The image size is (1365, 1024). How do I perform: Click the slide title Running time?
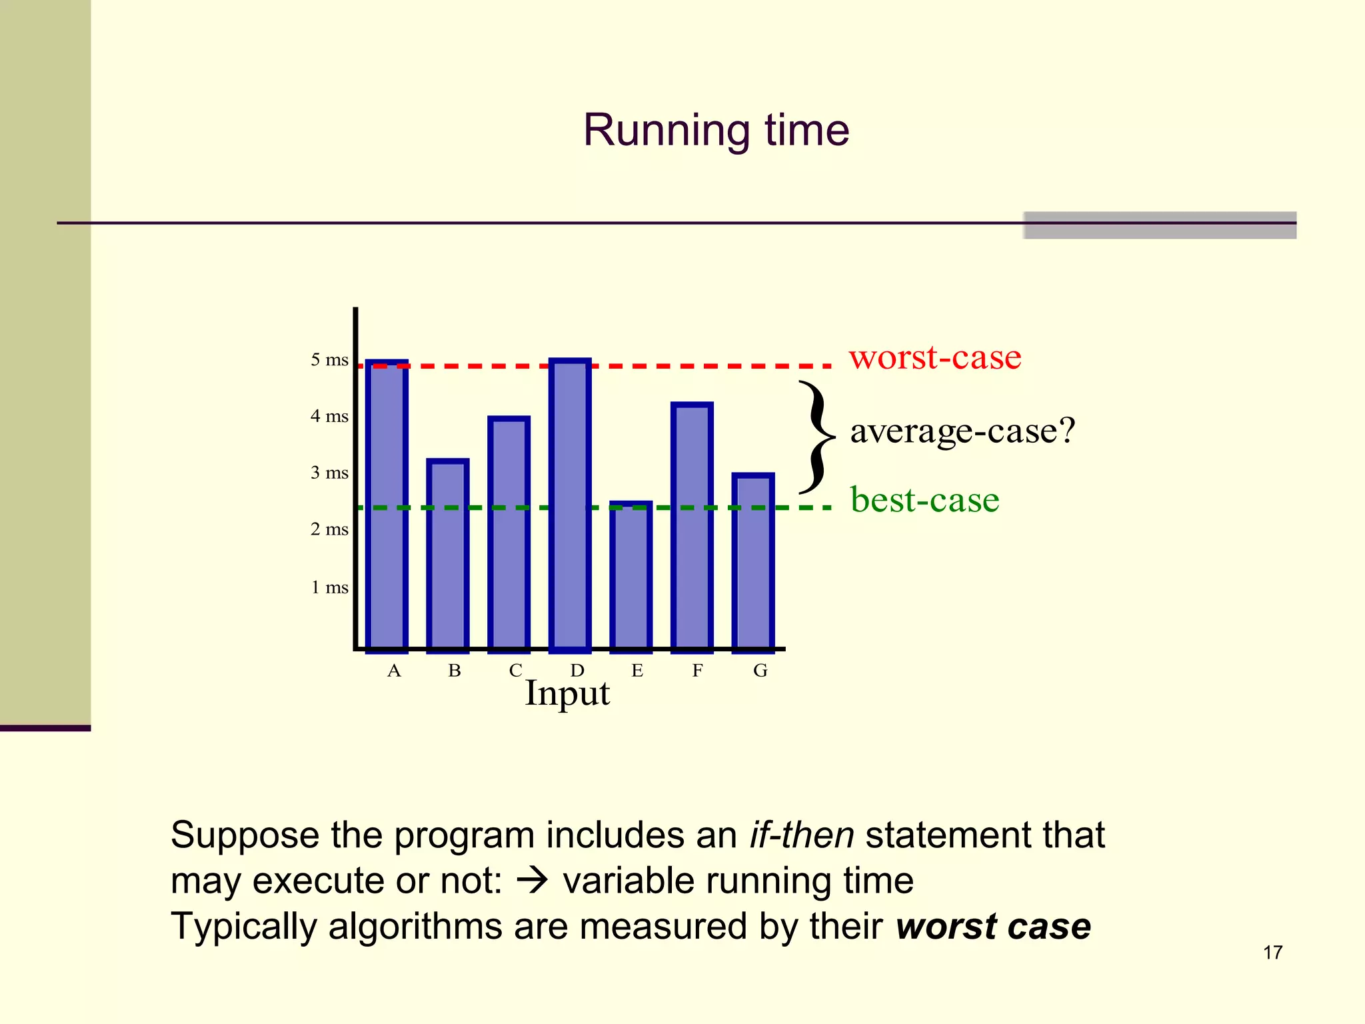click(x=716, y=130)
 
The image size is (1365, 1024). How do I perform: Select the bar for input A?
click(x=387, y=507)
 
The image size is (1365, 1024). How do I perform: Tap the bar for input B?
click(x=448, y=555)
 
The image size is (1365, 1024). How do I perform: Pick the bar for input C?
click(x=509, y=533)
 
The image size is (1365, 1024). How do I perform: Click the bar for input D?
click(x=570, y=505)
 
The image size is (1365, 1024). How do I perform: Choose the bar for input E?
click(x=631, y=576)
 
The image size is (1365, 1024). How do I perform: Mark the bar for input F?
click(x=692, y=527)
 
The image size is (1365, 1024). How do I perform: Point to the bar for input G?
click(x=753, y=561)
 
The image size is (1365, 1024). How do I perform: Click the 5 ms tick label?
click(x=329, y=360)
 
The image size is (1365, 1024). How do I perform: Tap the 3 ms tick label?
click(x=329, y=473)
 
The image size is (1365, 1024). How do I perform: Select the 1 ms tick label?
click(x=329, y=587)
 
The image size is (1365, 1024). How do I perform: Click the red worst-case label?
click(x=935, y=357)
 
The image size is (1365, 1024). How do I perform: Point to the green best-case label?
click(x=925, y=500)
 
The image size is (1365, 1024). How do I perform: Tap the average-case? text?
click(x=962, y=431)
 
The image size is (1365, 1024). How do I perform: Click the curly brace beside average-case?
click(x=816, y=437)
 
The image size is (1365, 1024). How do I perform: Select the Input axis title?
click(x=567, y=693)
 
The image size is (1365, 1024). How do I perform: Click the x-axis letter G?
click(x=760, y=671)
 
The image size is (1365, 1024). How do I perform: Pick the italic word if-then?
click(x=801, y=835)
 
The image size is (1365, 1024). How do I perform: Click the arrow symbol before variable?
click(x=533, y=881)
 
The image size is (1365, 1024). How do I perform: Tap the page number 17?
click(x=1272, y=953)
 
